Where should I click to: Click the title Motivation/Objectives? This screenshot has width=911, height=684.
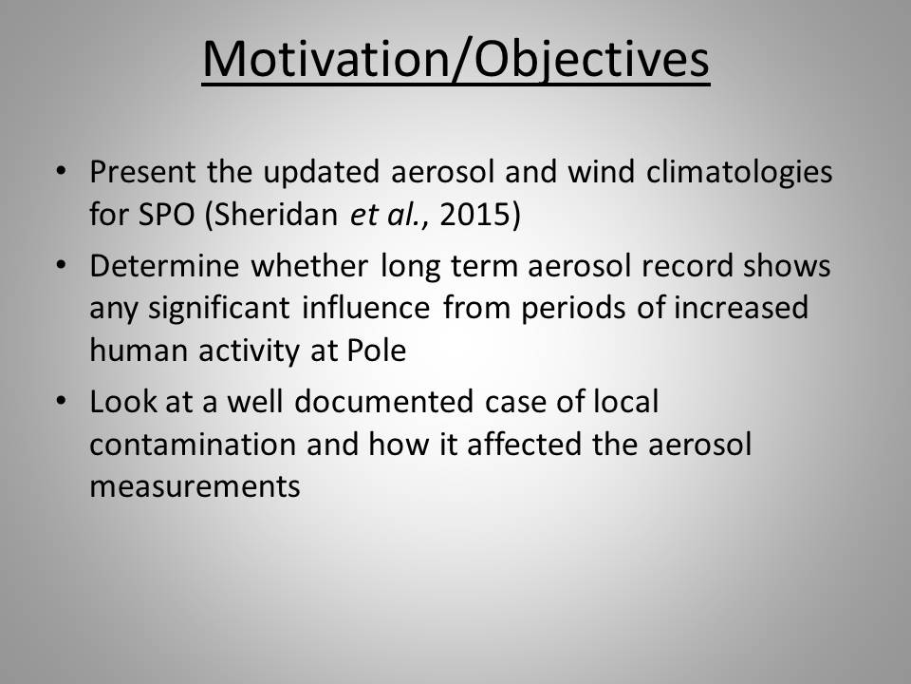pos(456,59)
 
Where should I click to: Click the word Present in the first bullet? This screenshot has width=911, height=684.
pos(142,172)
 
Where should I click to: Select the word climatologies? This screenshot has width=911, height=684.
pos(739,173)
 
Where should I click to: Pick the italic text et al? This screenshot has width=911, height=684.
pos(385,214)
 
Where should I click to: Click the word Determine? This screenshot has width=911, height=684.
pos(164,266)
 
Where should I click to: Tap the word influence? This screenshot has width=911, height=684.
pos(366,308)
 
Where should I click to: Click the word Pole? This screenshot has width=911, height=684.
pos(377,351)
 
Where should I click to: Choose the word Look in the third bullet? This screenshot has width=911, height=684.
pos(123,402)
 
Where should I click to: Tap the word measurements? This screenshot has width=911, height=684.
pos(195,487)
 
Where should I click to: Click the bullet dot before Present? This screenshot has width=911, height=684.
pos(61,171)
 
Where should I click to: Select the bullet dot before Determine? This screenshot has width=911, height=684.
pos(61,265)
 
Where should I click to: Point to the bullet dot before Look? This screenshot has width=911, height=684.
pos(61,401)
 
